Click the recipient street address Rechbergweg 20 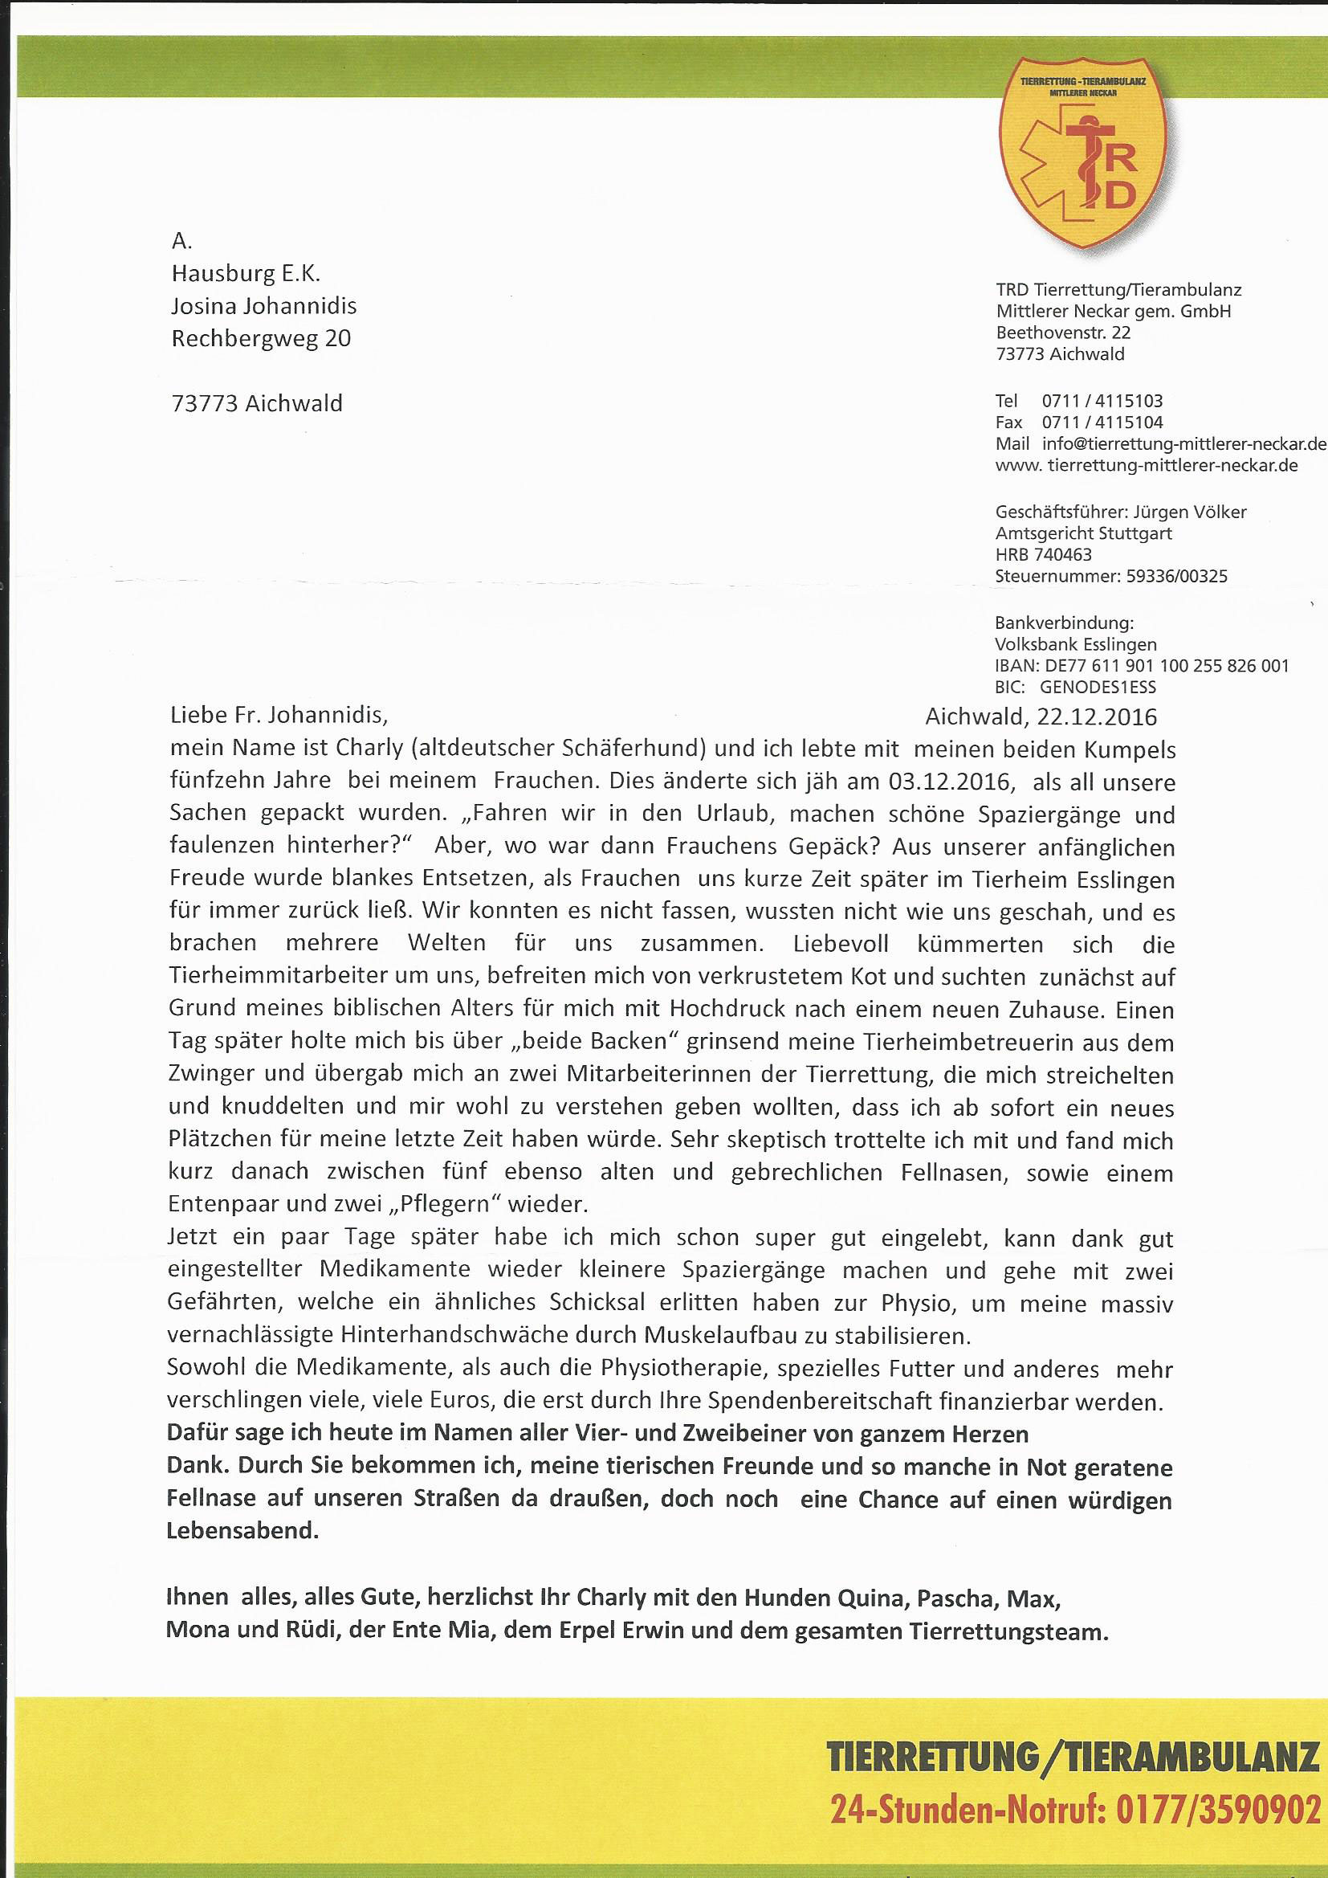(x=261, y=339)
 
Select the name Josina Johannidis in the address (x=263, y=306)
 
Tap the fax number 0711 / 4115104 (x=1102, y=422)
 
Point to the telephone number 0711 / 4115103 (x=1102, y=401)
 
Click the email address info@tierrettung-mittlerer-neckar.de (x=1183, y=444)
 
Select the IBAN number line (x=1142, y=666)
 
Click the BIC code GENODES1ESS (x=1098, y=688)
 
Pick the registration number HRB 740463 (x=1043, y=554)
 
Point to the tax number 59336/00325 (x=1177, y=576)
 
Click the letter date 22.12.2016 (x=1097, y=717)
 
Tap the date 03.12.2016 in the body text (x=951, y=781)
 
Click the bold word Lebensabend (x=242, y=1531)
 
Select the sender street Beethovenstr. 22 (x=1063, y=333)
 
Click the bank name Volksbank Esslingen (x=1075, y=644)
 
